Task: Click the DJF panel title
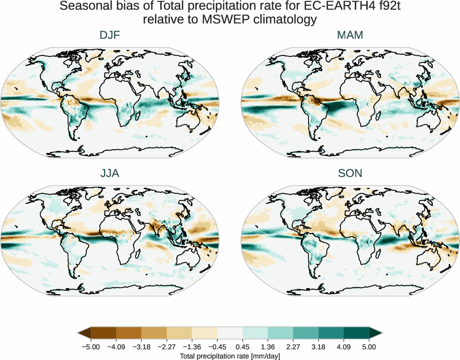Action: (110, 35)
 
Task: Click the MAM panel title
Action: (350, 35)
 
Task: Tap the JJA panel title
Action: (110, 174)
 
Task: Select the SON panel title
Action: (350, 174)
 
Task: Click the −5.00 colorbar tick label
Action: (91, 347)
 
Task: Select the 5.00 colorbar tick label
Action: (369, 347)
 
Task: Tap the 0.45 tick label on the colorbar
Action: (242, 347)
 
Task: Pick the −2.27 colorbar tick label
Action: (167, 347)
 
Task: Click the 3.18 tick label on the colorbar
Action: (318, 347)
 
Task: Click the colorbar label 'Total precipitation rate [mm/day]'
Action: (230, 356)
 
